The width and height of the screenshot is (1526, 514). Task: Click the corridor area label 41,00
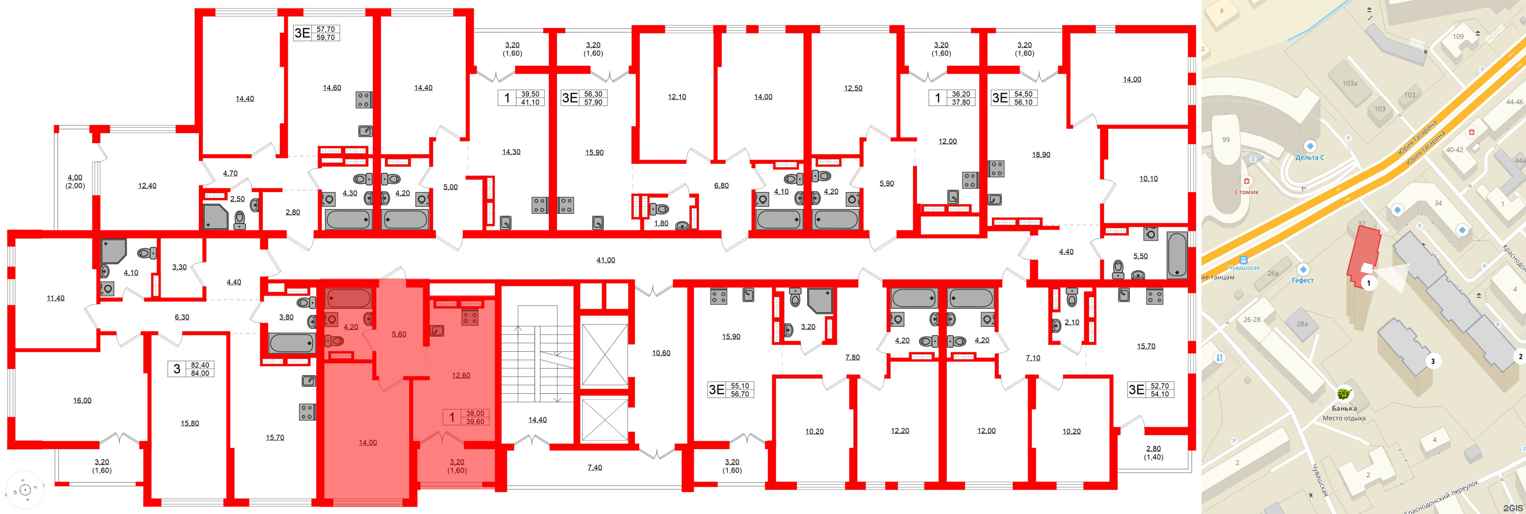[605, 260]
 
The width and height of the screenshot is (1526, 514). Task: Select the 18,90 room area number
[1041, 155]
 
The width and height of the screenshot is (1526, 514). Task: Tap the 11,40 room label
[56, 298]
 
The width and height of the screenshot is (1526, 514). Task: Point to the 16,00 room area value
[82, 401]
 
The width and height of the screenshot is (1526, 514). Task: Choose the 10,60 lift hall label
[661, 353]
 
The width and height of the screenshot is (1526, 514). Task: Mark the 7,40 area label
[595, 468]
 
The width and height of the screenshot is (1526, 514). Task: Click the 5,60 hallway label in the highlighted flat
[399, 334]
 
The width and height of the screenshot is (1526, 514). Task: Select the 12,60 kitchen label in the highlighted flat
[461, 375]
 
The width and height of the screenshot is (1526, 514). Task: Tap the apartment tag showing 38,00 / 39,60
[467, 417]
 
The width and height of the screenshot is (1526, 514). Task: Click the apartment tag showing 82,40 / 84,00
[190, 369]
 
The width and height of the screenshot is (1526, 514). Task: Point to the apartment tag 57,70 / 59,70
[316, 32]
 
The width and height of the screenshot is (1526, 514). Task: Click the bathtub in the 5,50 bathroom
[1177, 255]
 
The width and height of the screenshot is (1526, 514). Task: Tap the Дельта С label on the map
[1309, 157]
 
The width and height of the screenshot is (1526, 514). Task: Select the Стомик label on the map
[1246, 192]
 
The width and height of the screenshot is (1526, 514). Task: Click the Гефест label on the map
[1303, 280]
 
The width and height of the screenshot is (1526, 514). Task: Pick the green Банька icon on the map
[1344, 394]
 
